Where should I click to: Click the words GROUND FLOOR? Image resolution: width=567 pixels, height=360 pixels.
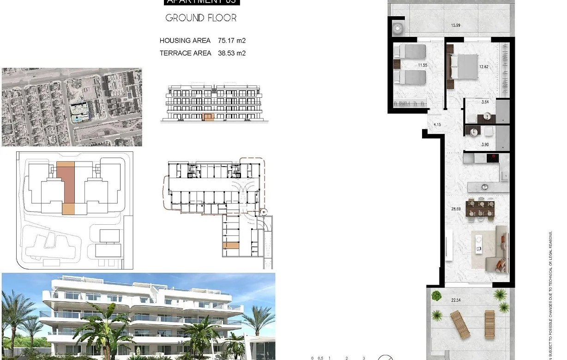click(x=201, y=18)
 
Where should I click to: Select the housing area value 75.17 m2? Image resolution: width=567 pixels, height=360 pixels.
click(x=232, y=41)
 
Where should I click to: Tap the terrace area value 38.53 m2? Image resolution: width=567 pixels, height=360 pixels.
click(x=232, y=53)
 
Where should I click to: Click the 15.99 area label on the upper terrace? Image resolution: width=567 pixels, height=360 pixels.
click(x=455, y=25)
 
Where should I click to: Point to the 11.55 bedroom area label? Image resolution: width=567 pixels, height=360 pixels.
click(x=422, y=65)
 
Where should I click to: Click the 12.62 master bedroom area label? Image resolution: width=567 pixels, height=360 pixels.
click(x=483, y=66)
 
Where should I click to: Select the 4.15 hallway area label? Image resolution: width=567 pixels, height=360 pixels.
click(x=437, y=124)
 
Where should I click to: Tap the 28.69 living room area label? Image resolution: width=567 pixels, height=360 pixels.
click(x=456, y=209)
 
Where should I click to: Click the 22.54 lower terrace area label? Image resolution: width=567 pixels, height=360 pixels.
click(x=456, y=300)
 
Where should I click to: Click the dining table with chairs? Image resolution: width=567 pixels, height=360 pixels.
click(x=480, y=207)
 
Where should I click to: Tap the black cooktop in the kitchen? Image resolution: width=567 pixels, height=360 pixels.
click(x=493, y=158)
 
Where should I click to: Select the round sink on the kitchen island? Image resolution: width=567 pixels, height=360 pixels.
click(x=484, y=187)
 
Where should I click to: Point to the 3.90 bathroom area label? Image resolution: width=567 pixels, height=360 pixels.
click(x=485, y=144)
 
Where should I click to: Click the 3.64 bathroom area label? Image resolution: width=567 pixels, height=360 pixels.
click(x=485, y=102)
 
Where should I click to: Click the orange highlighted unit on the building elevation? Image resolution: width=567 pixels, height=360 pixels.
click(x=209, y=117)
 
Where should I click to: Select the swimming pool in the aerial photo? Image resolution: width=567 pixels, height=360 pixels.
click(x=77, y=119)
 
